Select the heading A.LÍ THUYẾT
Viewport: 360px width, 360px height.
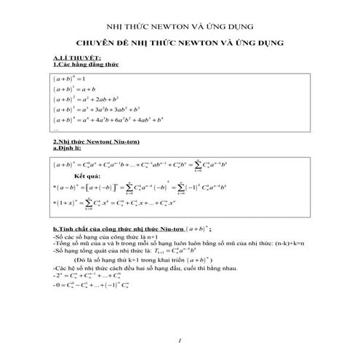pos(77,58)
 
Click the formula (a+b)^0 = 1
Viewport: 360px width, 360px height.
pos(70,79)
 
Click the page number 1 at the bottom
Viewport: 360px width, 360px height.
pos(179,340)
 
